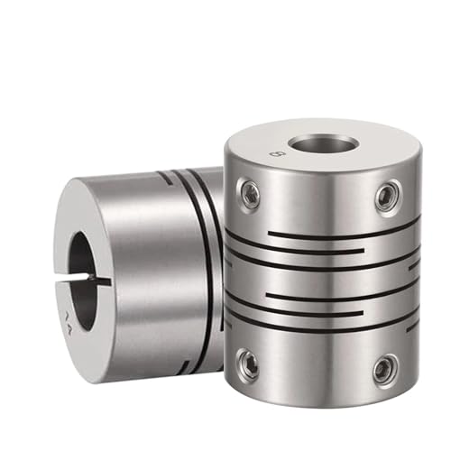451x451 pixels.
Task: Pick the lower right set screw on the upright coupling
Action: click(x=384, y=367)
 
